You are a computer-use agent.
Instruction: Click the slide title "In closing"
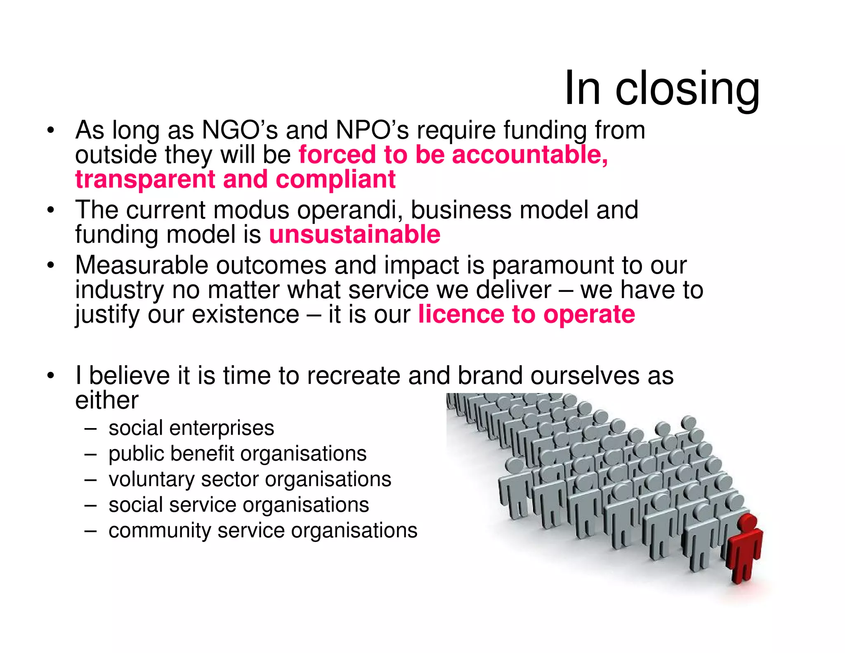click(x=661, y=88)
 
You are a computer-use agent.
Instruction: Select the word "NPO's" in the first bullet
click(x=372, y=130)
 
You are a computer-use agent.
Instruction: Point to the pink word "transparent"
click(x=145, y=180)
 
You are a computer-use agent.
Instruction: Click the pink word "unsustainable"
click(x=354, y=235)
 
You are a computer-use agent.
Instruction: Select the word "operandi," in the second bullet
click(x=350, y=211)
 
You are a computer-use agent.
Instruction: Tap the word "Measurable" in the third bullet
click(x=142, y=265)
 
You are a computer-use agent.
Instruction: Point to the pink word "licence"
click(x=461, y=315)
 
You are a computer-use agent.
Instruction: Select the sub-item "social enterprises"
click(x=191, y=428)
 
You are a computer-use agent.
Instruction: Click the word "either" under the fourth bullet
click(x=106, y=400)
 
